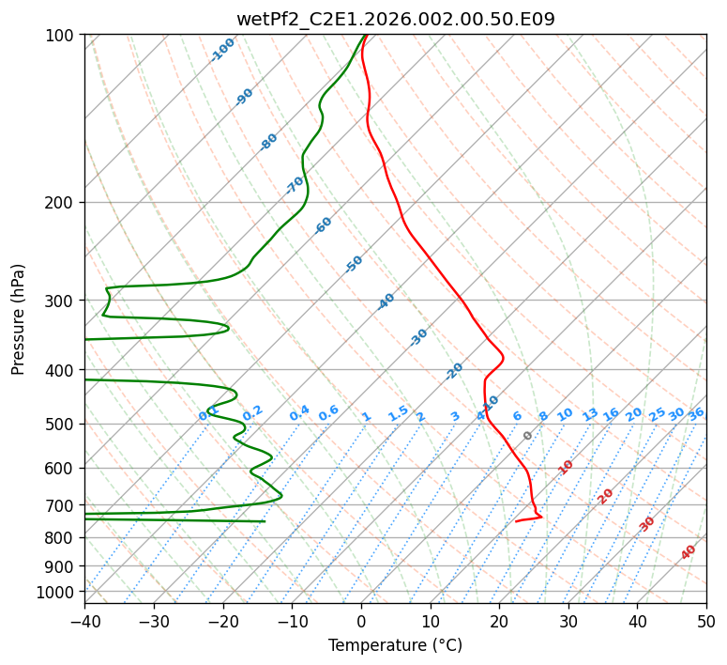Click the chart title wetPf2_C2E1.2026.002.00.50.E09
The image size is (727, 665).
point(395,19)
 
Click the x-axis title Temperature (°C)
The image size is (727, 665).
point(395,645)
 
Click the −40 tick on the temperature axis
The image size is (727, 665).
point(84,621)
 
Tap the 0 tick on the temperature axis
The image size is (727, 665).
point(361,621)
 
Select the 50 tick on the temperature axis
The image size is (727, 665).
point(706,621)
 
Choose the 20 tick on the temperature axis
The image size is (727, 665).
point(499,621)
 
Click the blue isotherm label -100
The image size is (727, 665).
point(222,49)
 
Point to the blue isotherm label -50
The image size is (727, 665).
point(354,264)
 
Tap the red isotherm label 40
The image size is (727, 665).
point(689,552)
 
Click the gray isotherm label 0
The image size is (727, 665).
point(527,436)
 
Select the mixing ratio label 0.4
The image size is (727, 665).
point(299,413)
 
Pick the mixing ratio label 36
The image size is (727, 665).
point(696,413)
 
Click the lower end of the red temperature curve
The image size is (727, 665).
point(516,520)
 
